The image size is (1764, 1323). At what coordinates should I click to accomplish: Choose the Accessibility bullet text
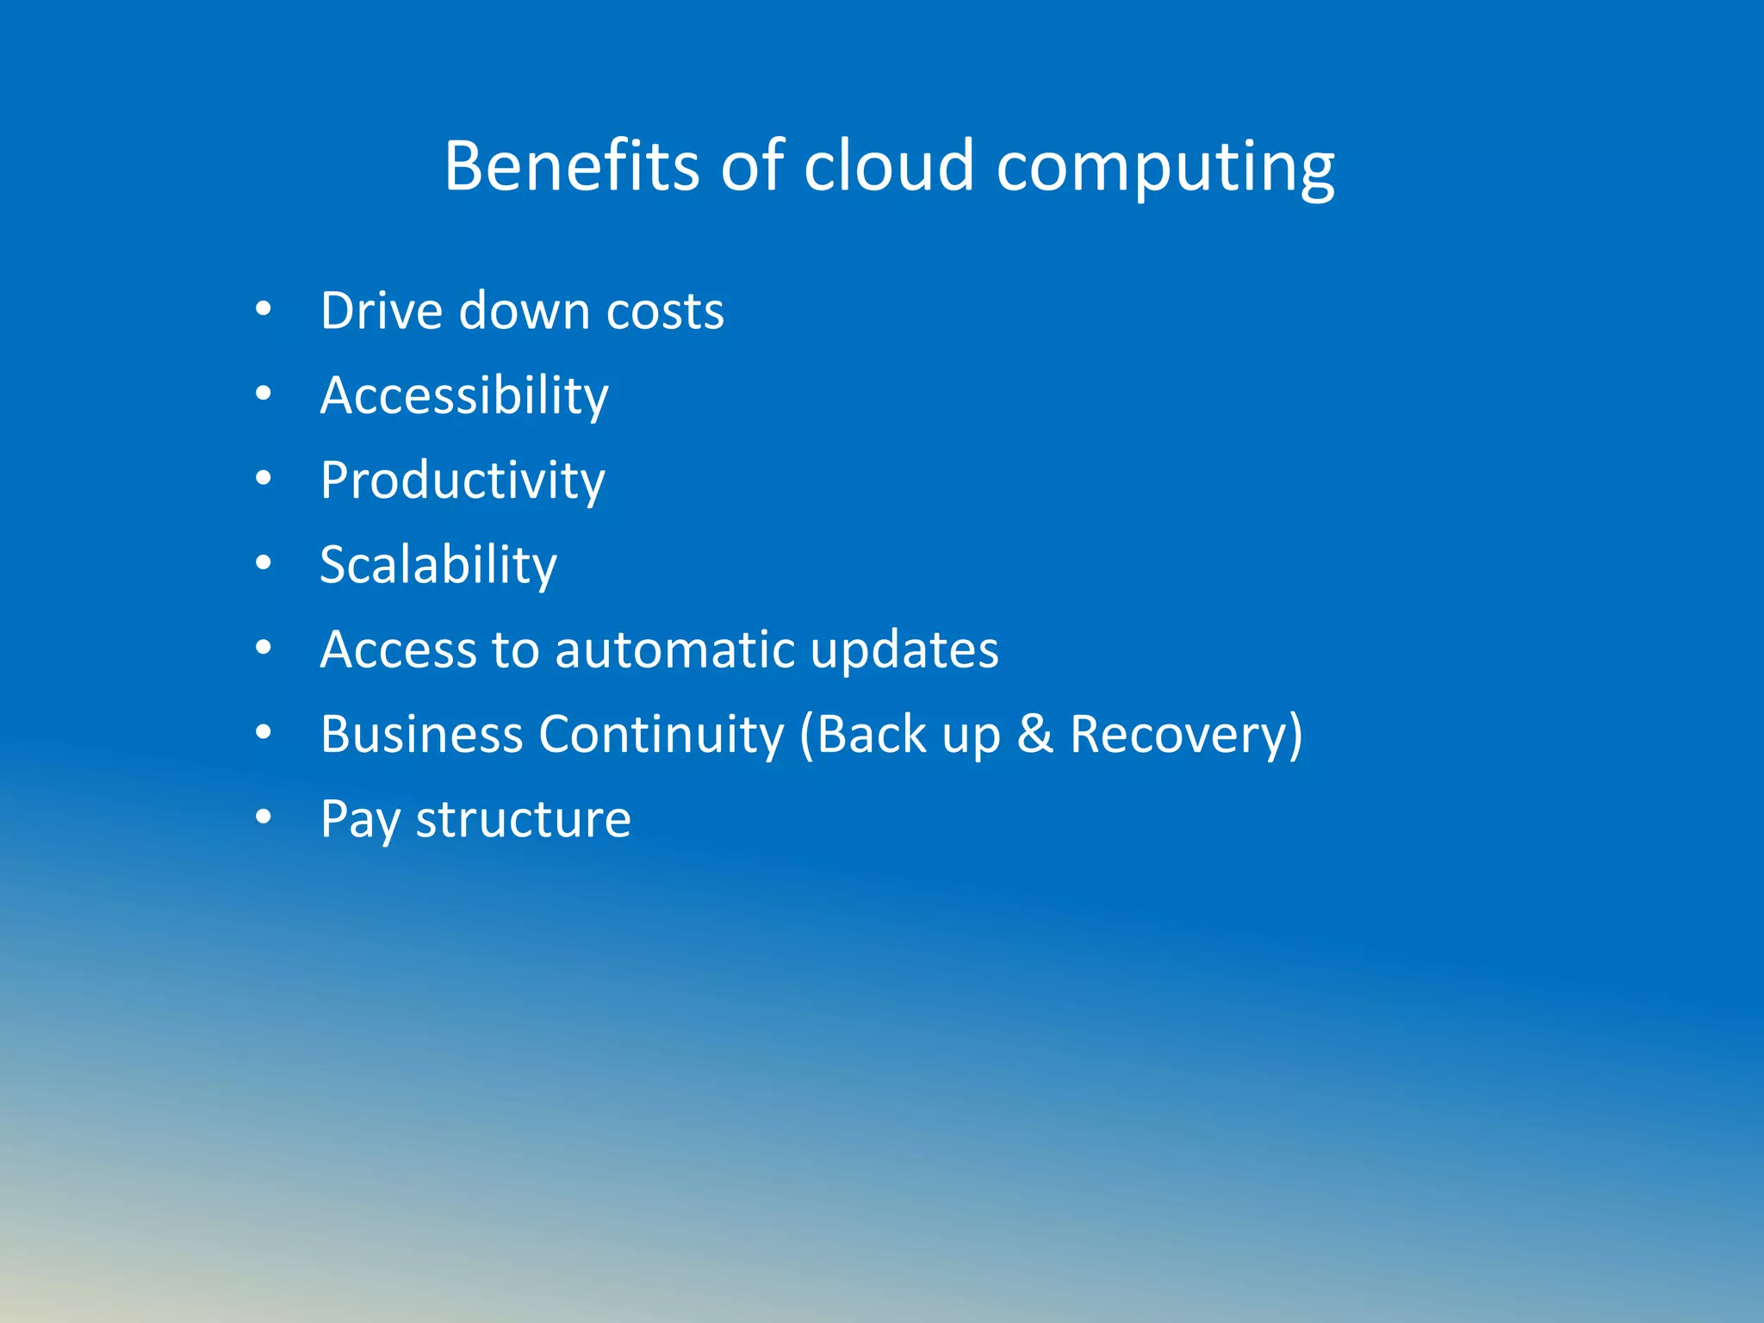click(464, 396)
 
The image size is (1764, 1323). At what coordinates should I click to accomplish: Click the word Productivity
click(463, 481)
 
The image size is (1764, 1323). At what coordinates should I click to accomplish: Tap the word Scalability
click(438, 566)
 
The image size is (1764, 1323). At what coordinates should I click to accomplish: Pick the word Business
click(422, 735)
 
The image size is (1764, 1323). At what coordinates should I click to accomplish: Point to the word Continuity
click(661, 735)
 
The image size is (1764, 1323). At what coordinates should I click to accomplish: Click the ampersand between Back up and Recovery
click(1035, 735)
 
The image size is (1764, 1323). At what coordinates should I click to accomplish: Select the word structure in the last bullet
click(524, 819)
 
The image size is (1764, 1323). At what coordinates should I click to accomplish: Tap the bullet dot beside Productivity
click(264, 478)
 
